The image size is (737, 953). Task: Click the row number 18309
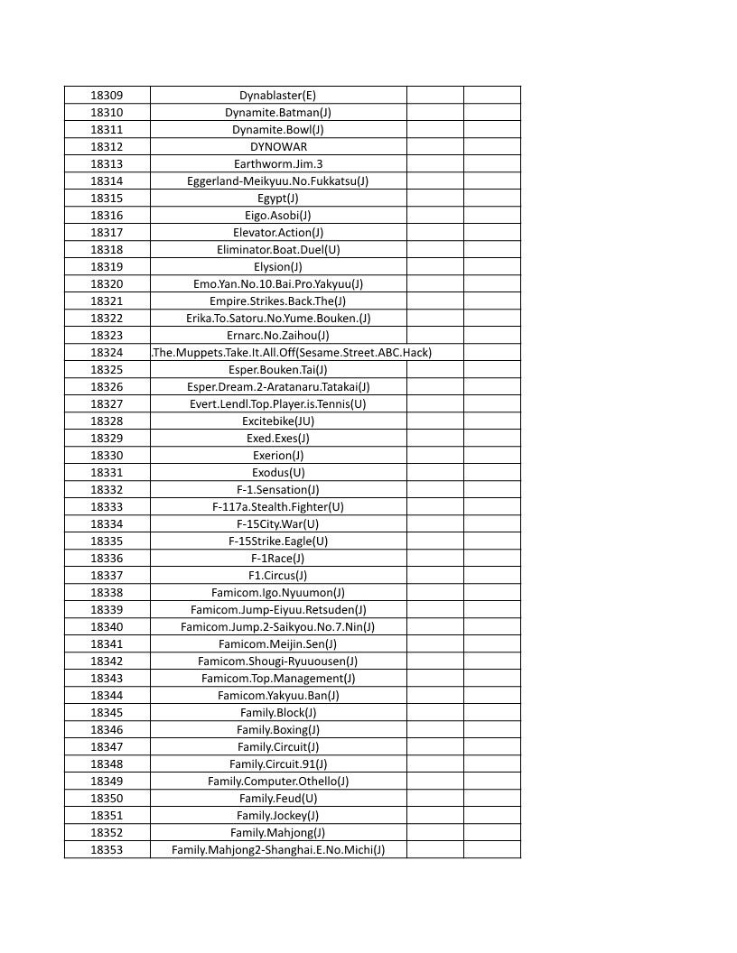pos(107,95)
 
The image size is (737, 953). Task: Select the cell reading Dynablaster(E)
pos(277,95)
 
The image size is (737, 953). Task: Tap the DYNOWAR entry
pos(277,146)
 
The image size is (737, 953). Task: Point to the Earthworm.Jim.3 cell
pos(277,163)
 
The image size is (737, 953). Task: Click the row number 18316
pos(107,215)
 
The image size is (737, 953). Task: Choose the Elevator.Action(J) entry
pos(277,232)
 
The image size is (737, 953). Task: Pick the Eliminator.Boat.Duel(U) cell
pos(277,249)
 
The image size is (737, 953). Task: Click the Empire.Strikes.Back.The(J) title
pos(277,301)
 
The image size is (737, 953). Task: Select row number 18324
pos(107,352)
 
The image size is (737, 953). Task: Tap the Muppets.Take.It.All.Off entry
pos(291,352)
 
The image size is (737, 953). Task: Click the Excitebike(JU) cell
pos(277,421)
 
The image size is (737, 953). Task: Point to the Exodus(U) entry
pos(277,472)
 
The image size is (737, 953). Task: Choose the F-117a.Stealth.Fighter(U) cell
pos(277,506)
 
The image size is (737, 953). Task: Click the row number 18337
pos(107,575)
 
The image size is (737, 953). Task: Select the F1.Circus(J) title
pos(277,575)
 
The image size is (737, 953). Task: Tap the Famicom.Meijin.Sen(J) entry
pos(277,643)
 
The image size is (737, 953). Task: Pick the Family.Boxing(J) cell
pos(277,729)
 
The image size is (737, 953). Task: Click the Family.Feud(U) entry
pos(277,798)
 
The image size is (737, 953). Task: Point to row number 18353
pos(107,849)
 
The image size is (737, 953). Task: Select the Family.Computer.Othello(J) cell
pos(277,781)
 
